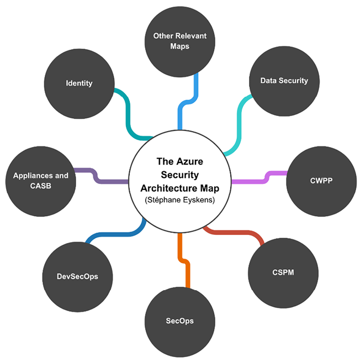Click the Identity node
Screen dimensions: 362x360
coord(79,83)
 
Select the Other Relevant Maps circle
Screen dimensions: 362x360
coord(180,41)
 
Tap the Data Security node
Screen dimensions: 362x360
coord(284,81)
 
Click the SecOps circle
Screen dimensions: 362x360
coord(180,321)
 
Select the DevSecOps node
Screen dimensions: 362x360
coord(78,276)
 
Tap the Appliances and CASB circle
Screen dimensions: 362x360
coord(41,181)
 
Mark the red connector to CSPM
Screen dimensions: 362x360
coord(237,233)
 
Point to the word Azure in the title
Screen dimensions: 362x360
coord(188,162)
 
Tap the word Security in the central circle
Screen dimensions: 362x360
coord(180,172)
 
